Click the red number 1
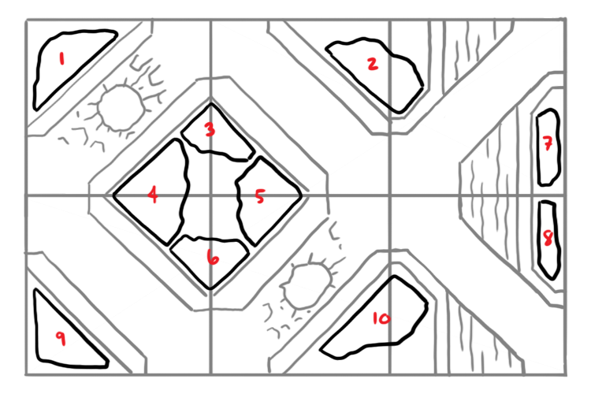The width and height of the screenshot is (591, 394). coord(61,59)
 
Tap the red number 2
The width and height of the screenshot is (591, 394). coord(373,64)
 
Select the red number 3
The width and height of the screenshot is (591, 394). coord(210,129)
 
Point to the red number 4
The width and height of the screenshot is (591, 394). coord(153,195)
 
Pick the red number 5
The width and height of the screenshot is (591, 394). coord(260,196)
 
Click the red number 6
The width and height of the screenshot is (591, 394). coord(213,258)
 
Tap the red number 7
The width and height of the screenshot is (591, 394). coord(548,143)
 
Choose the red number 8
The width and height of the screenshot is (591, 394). coord(548,238)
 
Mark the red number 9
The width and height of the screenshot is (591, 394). coord(61,338)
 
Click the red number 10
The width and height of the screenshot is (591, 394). coord(381,318)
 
